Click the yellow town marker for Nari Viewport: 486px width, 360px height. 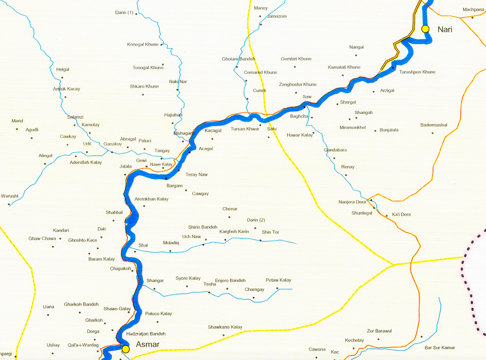[426, 29]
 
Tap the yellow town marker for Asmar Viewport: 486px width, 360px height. [126, 349]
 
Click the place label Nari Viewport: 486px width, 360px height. [445, 30]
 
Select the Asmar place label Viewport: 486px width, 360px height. [147, 344]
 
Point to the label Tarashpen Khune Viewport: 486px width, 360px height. [417, 72]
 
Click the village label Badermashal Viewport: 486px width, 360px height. [434, 125]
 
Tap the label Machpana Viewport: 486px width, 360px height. [473, 10]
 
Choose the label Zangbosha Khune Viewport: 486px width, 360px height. [297, 85]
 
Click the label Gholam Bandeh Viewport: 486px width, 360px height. [238, 59]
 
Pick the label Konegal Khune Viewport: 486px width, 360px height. [143, 44]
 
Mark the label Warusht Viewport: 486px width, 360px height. [10, 196]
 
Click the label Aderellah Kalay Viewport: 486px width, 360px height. [86, 162]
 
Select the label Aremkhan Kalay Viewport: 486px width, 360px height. [152, 199]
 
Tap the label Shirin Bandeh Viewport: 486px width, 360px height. [203, 227]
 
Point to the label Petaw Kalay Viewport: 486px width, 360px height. [278, 280]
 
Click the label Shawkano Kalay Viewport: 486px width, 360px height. [225, 327]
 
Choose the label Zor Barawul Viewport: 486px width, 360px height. [379, 331]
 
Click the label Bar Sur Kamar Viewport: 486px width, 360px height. [440, 347]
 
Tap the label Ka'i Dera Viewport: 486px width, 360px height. [401, 215]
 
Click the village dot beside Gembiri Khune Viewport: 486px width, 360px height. [295, 67]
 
